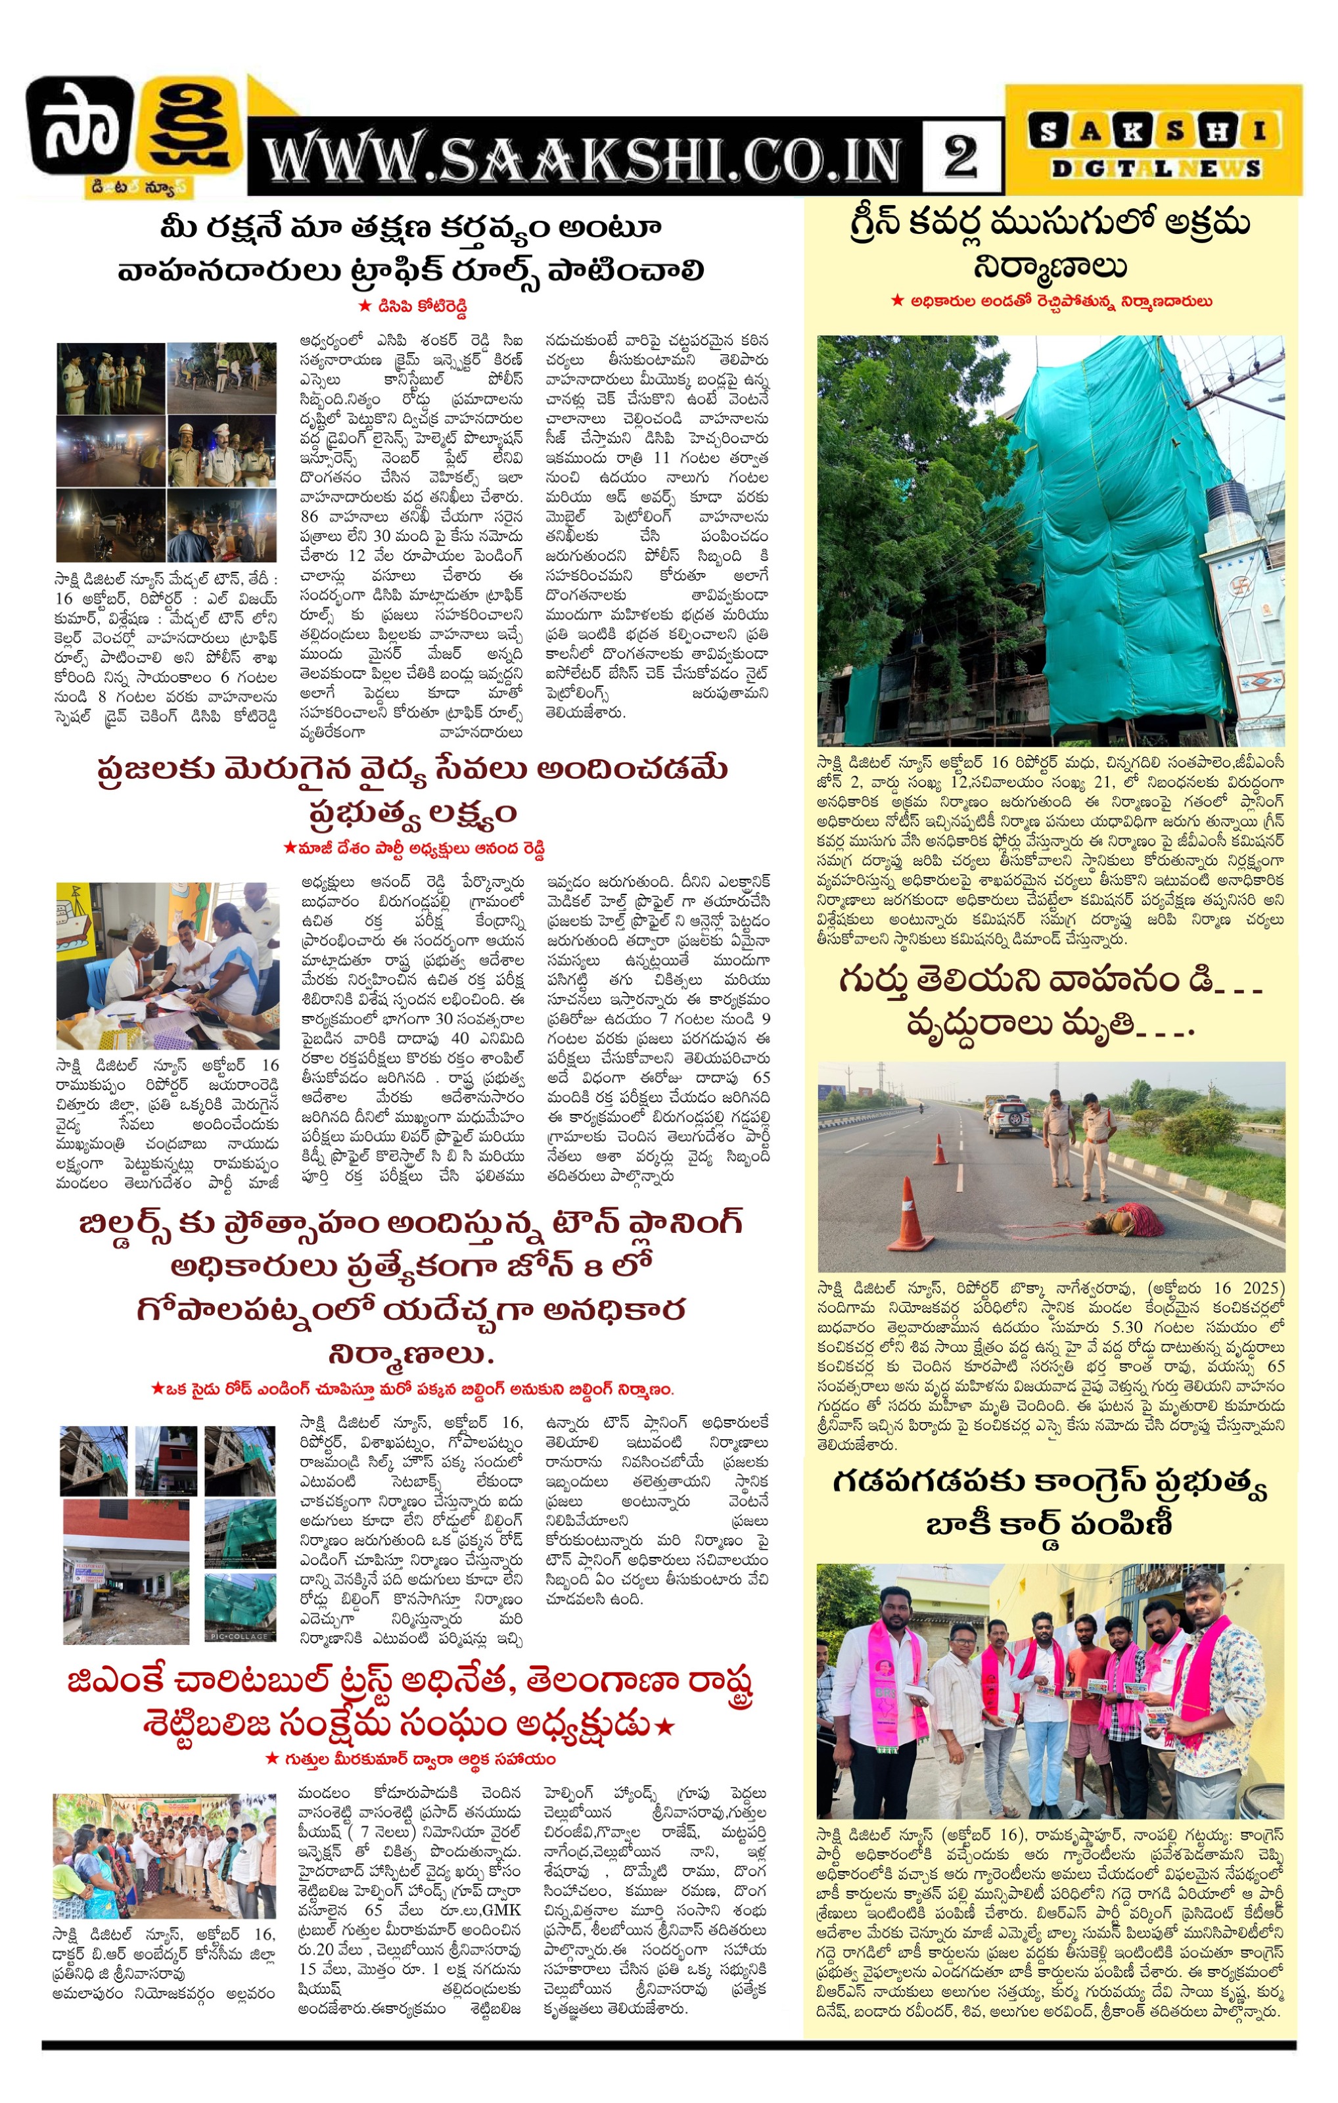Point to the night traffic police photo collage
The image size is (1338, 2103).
pyautogui.click(x=167, y=451)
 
